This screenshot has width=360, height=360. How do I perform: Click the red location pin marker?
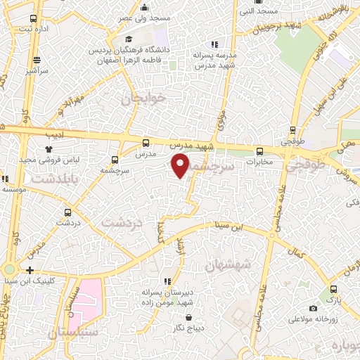click(181, 167)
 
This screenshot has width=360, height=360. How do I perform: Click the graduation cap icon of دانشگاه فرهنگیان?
click(129, 39)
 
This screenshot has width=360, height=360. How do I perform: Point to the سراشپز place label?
click(34, 71)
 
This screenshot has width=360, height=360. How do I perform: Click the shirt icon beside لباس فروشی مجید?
click(49, 149)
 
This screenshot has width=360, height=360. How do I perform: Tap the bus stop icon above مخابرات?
click(259, 150)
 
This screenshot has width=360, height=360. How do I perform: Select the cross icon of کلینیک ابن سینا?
click(30, 269)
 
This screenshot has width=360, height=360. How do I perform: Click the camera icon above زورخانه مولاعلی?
click(313, 308)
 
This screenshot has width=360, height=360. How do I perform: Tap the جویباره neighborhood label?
click(344, 347)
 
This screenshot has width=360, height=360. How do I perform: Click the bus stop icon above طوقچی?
click(294, 130)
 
